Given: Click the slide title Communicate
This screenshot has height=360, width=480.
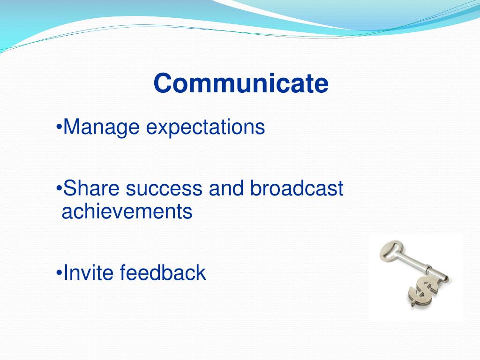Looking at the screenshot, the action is pos(241,83).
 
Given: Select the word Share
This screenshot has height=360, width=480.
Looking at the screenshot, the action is pos(91,188).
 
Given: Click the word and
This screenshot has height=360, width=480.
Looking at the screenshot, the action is pos(226,187).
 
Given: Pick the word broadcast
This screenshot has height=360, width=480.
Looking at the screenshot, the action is pos(297,187).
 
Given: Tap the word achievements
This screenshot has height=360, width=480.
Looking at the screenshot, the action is pos(127,211).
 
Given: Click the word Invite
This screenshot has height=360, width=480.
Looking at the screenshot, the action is pos(88,272).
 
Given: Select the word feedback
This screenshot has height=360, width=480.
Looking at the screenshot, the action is pos(163,272).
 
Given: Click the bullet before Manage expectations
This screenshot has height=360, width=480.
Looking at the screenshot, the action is pos(59,127).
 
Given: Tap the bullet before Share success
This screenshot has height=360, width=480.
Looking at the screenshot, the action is pos(59,187).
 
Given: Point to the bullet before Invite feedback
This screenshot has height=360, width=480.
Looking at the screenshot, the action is pos(59,272).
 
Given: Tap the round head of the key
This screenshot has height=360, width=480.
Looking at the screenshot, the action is pos(390,250).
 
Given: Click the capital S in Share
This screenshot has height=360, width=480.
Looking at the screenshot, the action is pos(69,188).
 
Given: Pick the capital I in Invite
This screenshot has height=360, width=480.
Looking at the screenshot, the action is pos(65,272).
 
